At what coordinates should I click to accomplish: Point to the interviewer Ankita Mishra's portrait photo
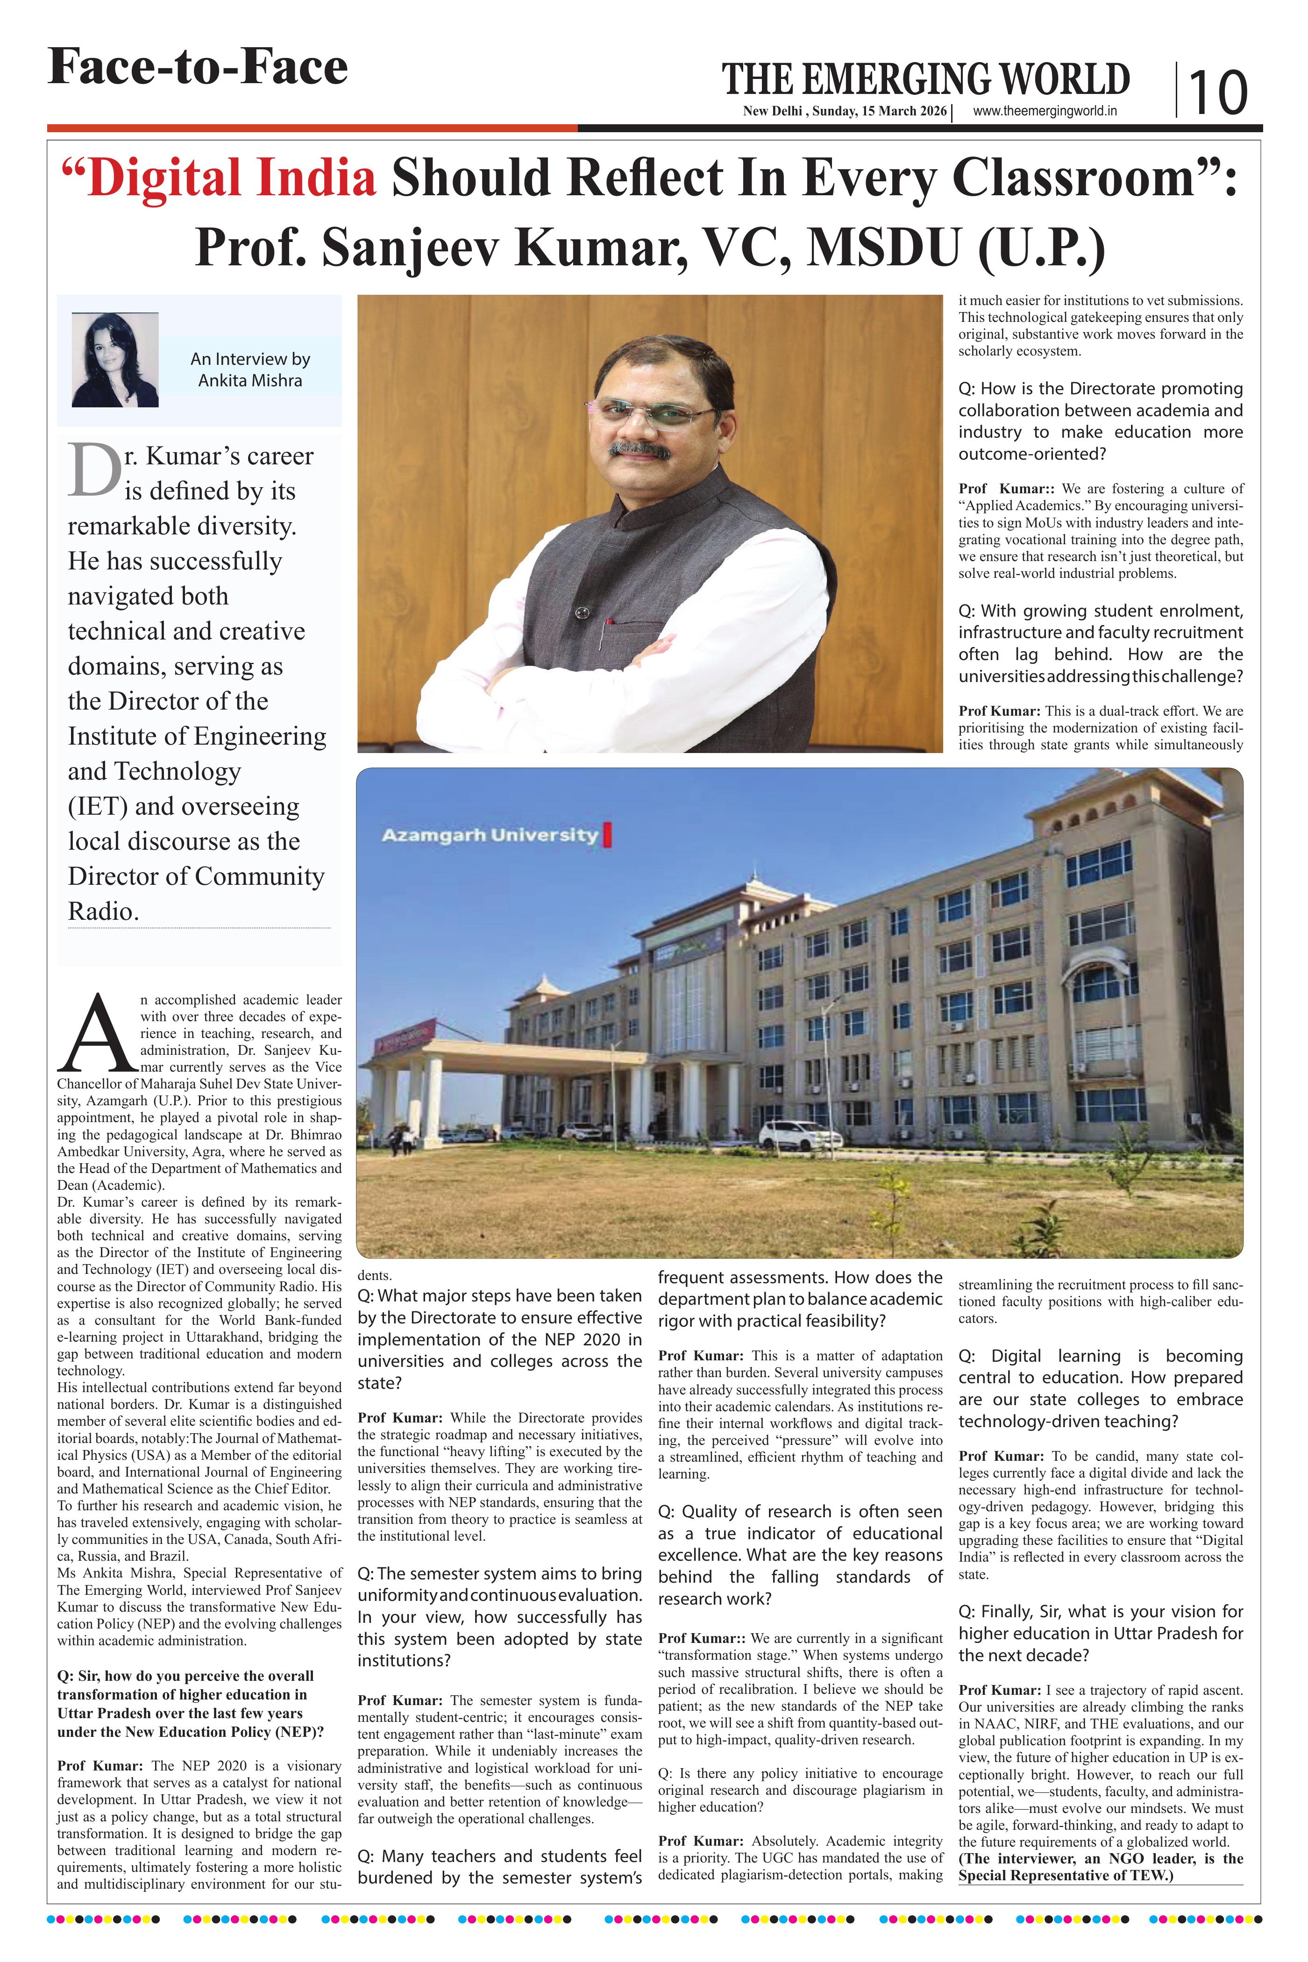point(115,360)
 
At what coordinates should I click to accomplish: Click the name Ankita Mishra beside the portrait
point(250,380)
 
